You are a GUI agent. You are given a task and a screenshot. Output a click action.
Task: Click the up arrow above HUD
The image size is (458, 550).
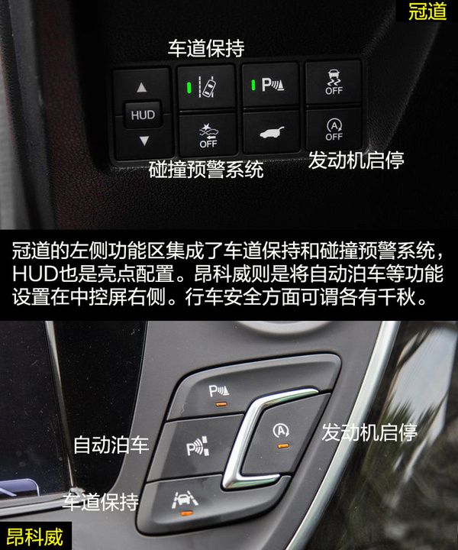click(x=141, y=87)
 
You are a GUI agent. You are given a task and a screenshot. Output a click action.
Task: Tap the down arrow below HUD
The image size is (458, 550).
click(x=144, y=141)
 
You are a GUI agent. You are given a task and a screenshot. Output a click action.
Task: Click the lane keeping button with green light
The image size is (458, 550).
click(x=206, y=86)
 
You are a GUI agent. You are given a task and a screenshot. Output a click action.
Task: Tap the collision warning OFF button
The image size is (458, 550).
click(x=208, y=135)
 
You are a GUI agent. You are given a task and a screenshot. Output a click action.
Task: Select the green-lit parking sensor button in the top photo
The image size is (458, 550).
click(x=270, y=84)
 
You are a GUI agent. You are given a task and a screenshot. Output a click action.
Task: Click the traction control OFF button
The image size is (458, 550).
click(x=334, y=82)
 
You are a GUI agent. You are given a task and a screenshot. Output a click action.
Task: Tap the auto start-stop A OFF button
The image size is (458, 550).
click(x=334, y=130)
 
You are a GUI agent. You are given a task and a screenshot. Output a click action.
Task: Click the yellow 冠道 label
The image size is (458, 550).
click(x=427, y=11)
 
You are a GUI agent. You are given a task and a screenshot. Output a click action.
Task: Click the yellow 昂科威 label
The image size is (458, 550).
click(x=35, y=537)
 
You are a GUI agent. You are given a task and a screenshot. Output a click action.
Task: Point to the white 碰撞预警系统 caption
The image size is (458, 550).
click(x=206, y=170)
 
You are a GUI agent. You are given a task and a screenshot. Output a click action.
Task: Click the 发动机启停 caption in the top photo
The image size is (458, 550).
click(x=356, y=160)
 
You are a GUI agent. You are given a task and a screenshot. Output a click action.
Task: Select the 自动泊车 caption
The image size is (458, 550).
click(x=111, y=445)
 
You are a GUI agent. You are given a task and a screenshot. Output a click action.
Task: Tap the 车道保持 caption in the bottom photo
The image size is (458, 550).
click(x=101, y=502)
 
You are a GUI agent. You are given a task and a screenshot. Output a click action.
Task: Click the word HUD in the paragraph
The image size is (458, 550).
click(x=35, y=273)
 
